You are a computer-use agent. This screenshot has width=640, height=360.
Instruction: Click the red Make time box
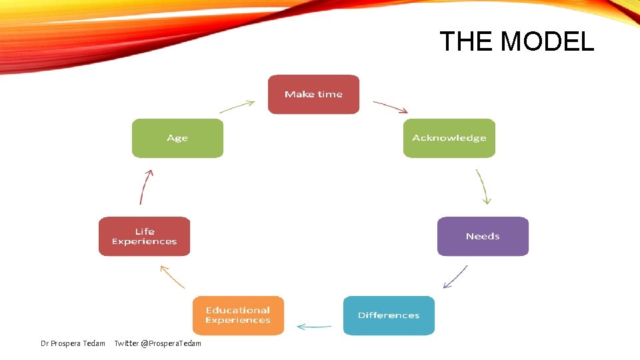point(313,94)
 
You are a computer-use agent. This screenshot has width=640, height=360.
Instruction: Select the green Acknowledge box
point(449,138)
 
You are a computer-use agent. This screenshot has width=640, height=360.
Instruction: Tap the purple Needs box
point(483,236)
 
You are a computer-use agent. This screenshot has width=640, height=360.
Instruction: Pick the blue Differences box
point(389,315)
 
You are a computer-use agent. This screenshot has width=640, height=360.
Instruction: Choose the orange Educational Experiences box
point(238,315)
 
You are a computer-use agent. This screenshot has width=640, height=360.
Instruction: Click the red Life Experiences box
point(144,236)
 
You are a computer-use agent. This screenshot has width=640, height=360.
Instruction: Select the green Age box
point(177,138)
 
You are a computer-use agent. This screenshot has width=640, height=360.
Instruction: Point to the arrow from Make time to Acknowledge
point(390,106)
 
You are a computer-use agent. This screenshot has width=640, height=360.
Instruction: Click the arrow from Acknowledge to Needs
point(483,186)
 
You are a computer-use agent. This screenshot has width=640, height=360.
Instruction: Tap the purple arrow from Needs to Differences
point(455,277)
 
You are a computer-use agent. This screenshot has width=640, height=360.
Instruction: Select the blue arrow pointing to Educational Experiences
point(314,327)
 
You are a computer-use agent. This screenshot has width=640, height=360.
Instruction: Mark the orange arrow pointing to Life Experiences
point(173,276)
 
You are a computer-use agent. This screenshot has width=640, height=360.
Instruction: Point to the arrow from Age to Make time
point(237,106)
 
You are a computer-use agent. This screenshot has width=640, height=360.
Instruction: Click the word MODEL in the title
point(547,42)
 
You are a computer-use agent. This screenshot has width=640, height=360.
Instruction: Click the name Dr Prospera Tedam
point(73,343)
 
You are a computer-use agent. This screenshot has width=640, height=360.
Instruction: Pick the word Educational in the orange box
point(238,310)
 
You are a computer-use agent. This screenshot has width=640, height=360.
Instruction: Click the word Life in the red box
point(145,231)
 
